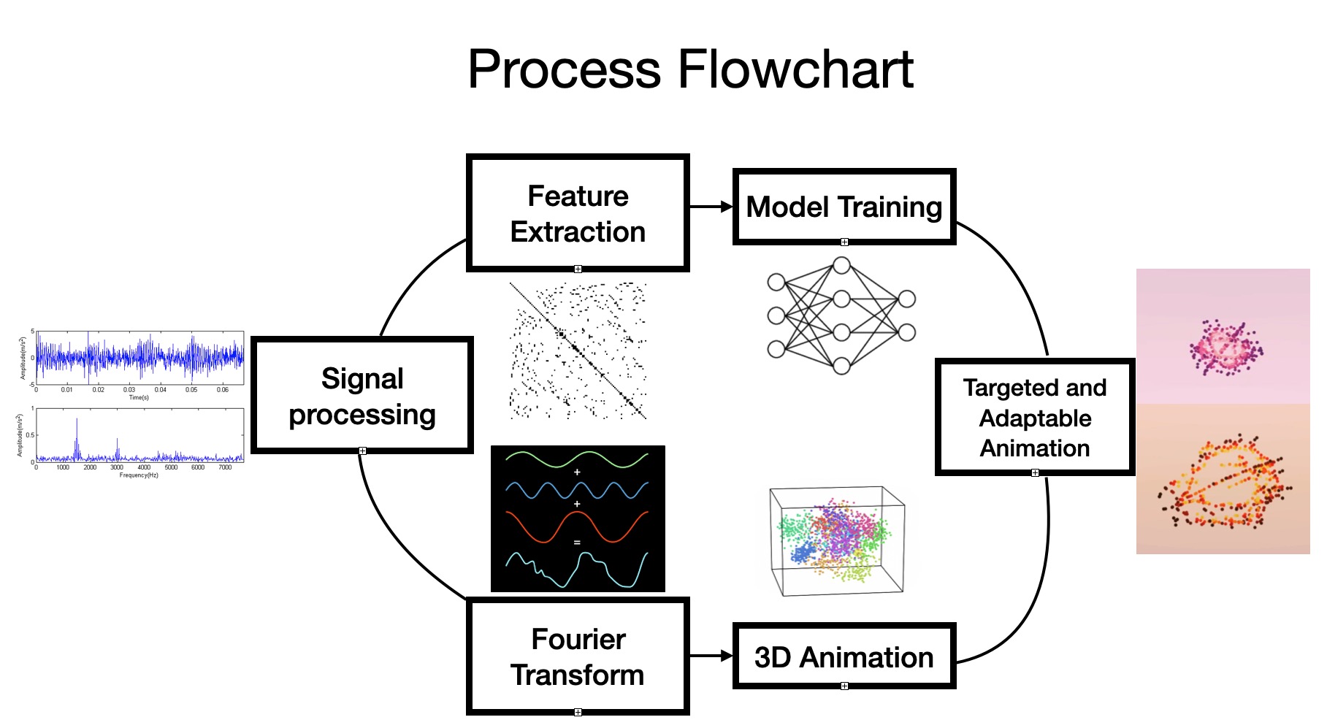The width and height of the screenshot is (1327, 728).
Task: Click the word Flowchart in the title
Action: pyautogui.click(x=796, y=69)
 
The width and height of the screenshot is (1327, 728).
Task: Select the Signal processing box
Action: pyautogui.click(x=362, y=396)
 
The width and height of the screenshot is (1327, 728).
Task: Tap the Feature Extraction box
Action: pyautogui.click(x=578, y=213)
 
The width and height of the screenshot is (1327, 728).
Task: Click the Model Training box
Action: pyautogui.click(x=844, y=207)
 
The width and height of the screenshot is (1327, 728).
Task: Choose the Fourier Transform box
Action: pyautogui.click(x=578, y=656)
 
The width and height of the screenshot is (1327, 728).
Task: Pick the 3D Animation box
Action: pyautogui.click(x=844, y=656)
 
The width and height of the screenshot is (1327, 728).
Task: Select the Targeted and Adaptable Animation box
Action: pyautogui.click(x=1035, y=418)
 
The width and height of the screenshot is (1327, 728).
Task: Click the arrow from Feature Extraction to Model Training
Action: pyautogui.click(x=711, y=207)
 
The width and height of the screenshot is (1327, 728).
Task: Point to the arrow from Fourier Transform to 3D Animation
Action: pyautogui.click(x=711, y=656)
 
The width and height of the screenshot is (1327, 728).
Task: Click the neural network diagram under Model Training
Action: pyautogui.click(x=841, y=315)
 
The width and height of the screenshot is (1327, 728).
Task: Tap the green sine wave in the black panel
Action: pyautogui.click(x=577, y=459)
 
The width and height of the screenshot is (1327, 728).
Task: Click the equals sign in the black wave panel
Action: pyautogui.click(x=577, y=543)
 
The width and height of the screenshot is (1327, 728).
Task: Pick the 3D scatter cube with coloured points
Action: pyautogui.click(x=838, y=540)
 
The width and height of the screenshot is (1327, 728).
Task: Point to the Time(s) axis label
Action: pyautogui.click(x=139, y=398)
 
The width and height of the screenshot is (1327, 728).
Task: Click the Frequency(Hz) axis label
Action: pyautogui.click(x=139, y=475)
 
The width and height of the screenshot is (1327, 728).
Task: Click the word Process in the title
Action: pyautogui.click(x=565, y=69)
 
